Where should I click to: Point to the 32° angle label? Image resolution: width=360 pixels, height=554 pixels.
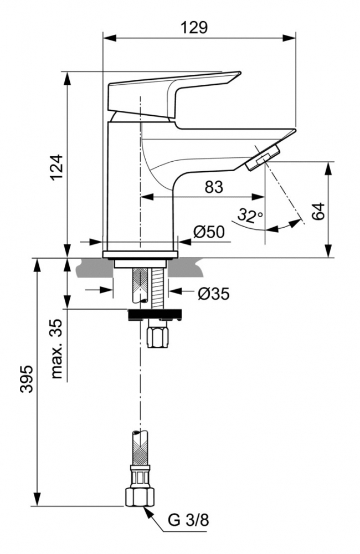pos(250,214)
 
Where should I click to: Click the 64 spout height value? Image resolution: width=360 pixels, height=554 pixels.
pos(317,211)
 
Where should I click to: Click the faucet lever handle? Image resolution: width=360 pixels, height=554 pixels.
pos(172,91)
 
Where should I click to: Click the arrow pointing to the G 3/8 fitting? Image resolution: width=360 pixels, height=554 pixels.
pos(152,513)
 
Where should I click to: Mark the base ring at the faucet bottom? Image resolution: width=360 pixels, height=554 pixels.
pos(140,253)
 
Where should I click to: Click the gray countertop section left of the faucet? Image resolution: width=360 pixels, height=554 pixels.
pos(89,268)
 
